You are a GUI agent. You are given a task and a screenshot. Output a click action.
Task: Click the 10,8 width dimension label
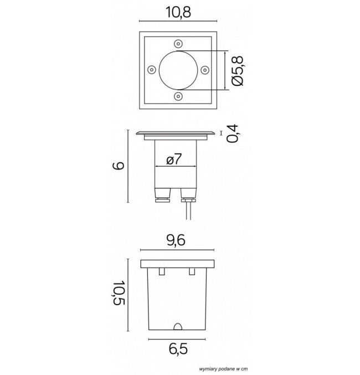pyautogui.click(x=177, y=12)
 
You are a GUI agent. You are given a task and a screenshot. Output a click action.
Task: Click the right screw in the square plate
pyautogui.click(x=204, y=70)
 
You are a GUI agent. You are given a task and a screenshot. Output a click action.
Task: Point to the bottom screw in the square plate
pyautogui.click(x=178, y=96)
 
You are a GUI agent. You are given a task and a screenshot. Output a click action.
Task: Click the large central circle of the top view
pyautogui.click(x=177, y=70)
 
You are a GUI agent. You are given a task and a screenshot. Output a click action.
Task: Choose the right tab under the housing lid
pyautogui.click(x=192, y=271)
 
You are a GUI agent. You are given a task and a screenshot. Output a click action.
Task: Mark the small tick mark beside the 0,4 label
pyautogui.click(x=220, y=133)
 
